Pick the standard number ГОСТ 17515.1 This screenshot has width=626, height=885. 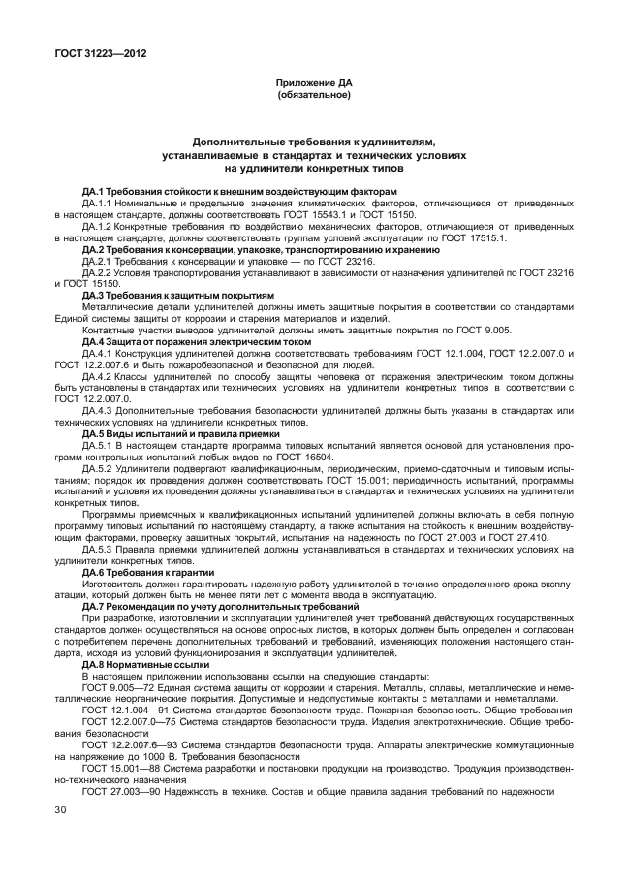(525, 237)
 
